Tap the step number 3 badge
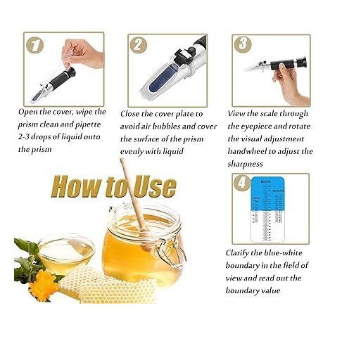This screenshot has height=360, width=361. (x=243, y=44)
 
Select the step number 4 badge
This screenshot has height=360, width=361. (x=243, y=184)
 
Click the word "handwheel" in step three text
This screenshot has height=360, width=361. (x=252, y=151)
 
